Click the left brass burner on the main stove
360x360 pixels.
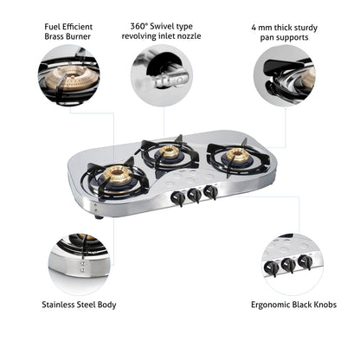[115, 176]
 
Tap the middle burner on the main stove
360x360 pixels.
[170, 152]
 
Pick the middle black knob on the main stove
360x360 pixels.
[195, 195]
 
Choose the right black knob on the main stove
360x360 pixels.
[210, 192]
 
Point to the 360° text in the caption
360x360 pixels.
[141, 27]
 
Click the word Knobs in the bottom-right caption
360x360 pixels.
[322, 305]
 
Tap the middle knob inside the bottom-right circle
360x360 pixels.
[288, 266]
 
